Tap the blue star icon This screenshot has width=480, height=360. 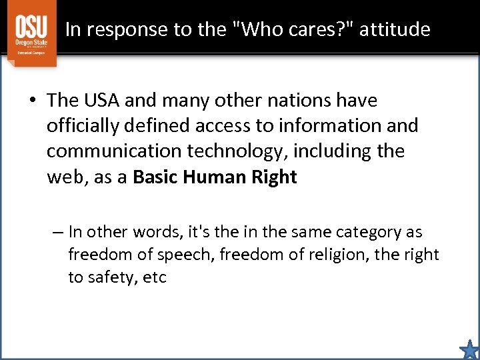(469, 349)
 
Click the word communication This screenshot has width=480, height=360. (113, 151)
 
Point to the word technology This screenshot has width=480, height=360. (240, 151)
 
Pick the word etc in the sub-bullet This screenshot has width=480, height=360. (155, 277)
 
